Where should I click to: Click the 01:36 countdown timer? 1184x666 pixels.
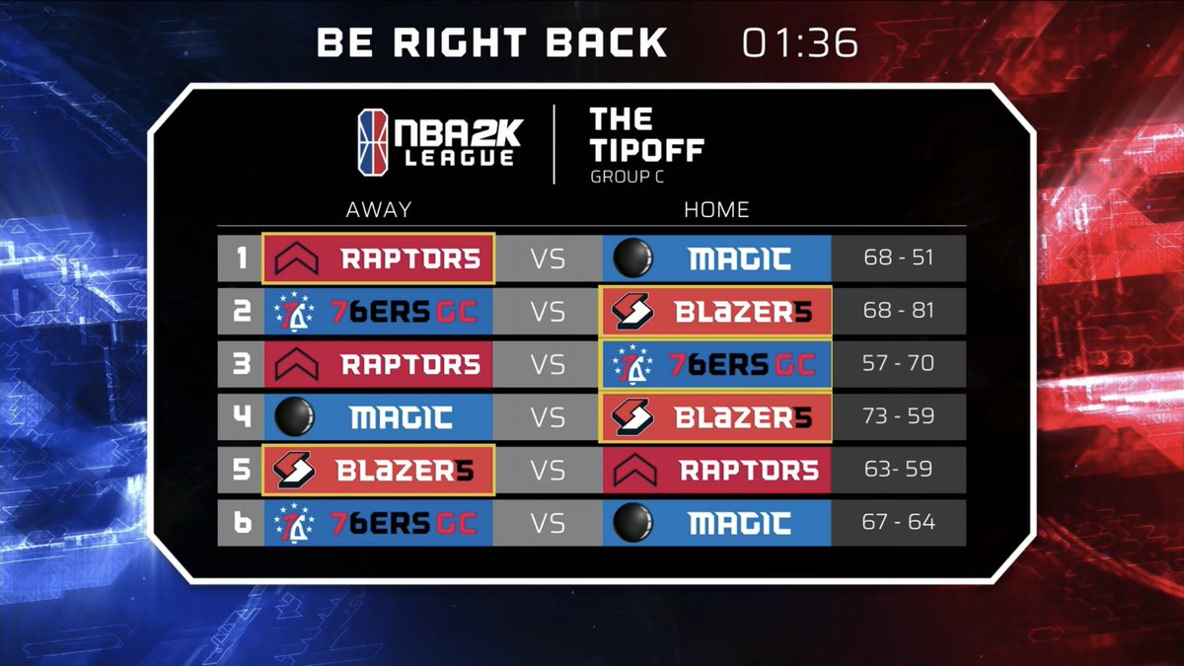pyautogui.click(x=800, y=43)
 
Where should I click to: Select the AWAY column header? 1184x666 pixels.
pyautogui.click(x=379, y=210)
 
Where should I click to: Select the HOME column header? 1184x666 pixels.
pyautogui.click(x=716, y=210)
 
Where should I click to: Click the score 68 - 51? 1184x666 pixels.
pyautogui.click(x=898, y=259)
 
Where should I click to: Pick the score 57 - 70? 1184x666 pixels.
pyautogui.click(x=898, y=364)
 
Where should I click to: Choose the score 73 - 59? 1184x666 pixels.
pyautogui.click(x=898, y=416)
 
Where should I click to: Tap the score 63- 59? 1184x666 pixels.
pyautogui.click(x=898, y=470)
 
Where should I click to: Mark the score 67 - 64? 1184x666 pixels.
pyautogui.click(x=898, y=522)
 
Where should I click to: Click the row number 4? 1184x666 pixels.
pyautogui.click(x=241, y=416)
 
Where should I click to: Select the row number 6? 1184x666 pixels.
pyautogui.click(x=241, y=522)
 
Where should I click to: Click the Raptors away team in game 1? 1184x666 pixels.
pyautogui.click(x=378, y=259)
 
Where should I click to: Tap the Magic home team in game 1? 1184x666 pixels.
pyautogui.click(x=716, y=259)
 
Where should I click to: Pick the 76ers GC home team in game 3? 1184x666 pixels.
pyautogui.click(x=716, y=364)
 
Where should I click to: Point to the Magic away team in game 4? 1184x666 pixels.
pyautogui.click(x=378, y=416)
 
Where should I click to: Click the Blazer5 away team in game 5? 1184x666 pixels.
pyautogui.click(x=378, y=470)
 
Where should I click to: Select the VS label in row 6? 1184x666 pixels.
pyautogui.click(x=548, y=522)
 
